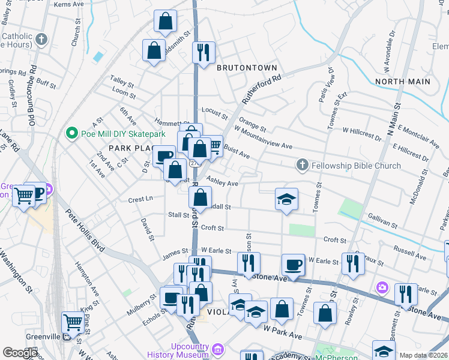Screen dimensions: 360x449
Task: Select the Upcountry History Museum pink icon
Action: pos(218,349)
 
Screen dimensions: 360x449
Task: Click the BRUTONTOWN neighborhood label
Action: pos(247,68)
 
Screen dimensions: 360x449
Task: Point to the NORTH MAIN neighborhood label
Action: pos(402,81)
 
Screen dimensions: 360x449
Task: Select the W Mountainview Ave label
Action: pos(263,138)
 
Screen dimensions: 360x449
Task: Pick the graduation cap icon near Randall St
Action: pos(287,199)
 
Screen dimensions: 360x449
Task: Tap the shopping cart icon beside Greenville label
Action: pos(73,323)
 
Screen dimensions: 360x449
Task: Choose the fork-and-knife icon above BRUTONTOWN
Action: pos(204,52)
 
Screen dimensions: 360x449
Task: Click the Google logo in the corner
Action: pos(20,352)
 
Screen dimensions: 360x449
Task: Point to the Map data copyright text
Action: pos(423,355)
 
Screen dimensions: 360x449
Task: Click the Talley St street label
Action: pos(121,81)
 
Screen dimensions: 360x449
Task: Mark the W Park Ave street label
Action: pos(286,332)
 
